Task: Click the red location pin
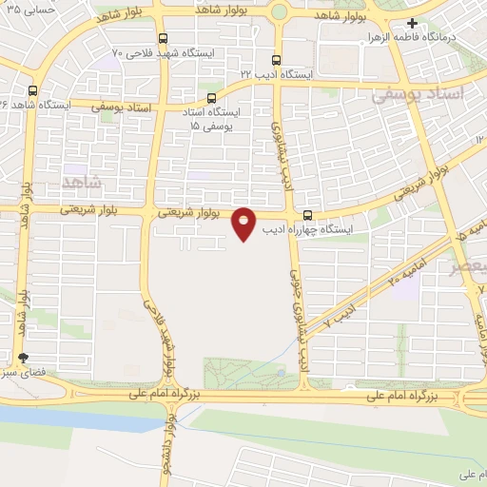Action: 244,223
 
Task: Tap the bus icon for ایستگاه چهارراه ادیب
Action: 306,215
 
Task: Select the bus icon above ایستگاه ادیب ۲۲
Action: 276,59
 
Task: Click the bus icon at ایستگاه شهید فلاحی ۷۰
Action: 164,39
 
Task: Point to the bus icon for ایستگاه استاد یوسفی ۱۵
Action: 211,96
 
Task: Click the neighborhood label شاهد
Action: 80,180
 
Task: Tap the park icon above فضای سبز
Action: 24,358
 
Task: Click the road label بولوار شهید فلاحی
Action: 160,338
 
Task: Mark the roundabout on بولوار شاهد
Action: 280,12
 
